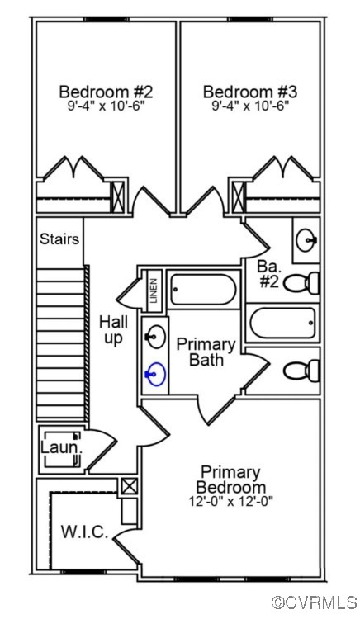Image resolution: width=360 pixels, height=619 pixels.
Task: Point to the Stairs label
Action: pyautogui.click(x=59, y=239)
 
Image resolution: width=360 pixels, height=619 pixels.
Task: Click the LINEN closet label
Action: pyautogui.click(x=154, y=291)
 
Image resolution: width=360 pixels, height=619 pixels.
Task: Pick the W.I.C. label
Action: pyautogui.click(x=84, y=532)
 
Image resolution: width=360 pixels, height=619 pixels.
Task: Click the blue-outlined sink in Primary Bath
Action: pyautogui.click(x=154, y=376)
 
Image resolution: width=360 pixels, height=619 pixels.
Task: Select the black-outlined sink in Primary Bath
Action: pyautogui.click(x=154, y=336)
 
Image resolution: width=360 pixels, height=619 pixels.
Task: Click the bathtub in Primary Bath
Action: pyautogui.click(x=202, y=291)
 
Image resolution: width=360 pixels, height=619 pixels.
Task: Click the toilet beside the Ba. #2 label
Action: pyautogui.click(x=303, y=282)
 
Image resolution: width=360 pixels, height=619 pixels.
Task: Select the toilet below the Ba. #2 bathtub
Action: pyautogui.click(x=302, y=370)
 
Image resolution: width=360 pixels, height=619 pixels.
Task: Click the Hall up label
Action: pyautogui.click(x=113, y=329)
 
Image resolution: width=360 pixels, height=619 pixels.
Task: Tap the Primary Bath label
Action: pyautogui.click(x=206, y=352)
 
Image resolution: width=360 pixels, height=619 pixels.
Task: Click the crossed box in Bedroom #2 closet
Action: pyautogui.click(x=118, y=198)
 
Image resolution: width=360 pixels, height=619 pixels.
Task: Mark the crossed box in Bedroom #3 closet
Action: pyautogui.click(x=239, y=198)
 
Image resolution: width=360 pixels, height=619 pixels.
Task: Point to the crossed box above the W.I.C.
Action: pyautogui.click(x=129, y=486)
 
